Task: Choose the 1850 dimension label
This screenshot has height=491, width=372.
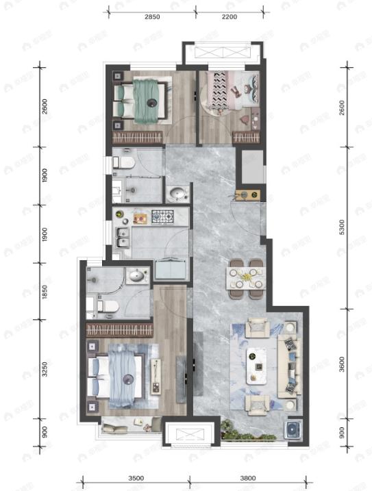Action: point(43,291)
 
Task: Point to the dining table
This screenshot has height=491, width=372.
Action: point(245,277)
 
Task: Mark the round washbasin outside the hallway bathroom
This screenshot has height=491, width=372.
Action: point(177,194)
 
